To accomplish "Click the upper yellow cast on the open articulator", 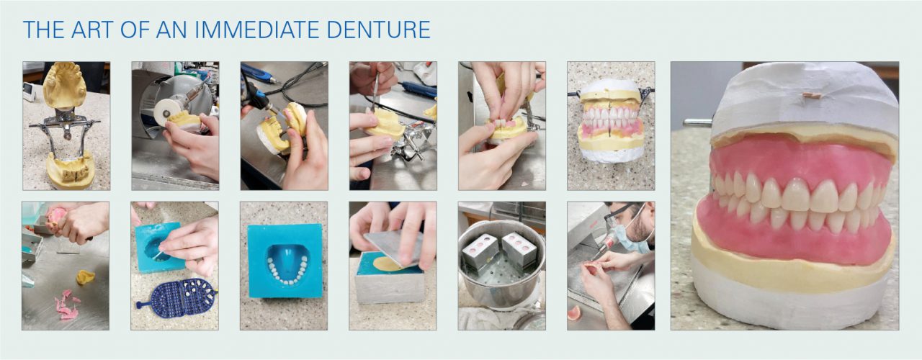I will (x=64, y=84).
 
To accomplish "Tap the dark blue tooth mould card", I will (x=174, y=297).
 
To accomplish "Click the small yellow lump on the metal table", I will (x=85, y=276).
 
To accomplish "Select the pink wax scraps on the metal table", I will (x=66, y=305).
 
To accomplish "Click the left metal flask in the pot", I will (x=480, y=251).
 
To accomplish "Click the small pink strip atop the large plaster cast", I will (x=811, y=95).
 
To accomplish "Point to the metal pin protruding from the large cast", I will (x=697, y=122).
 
